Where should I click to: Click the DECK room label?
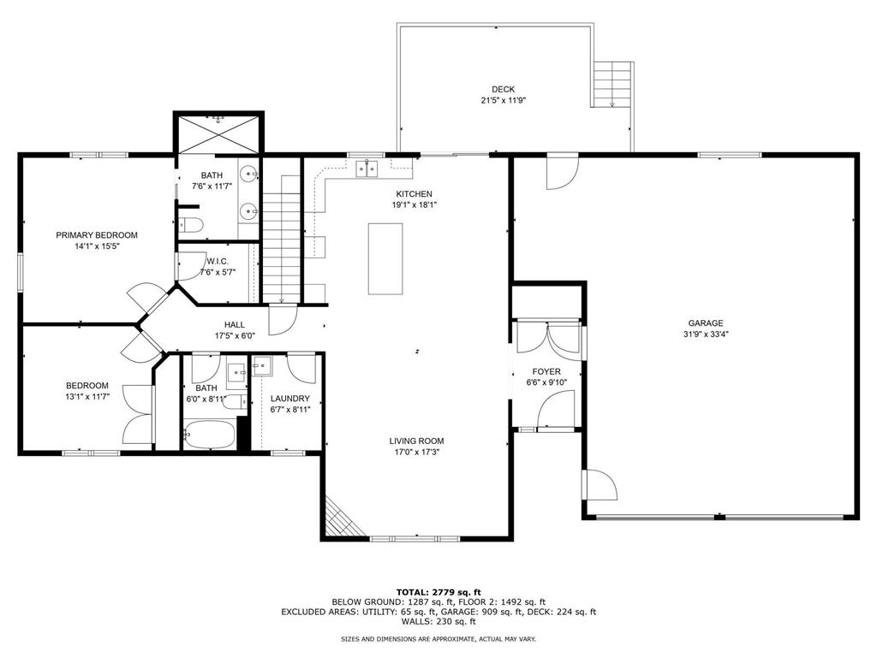point(503,89)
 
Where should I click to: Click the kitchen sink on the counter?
point(370,168)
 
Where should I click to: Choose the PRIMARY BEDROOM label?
point(97,235)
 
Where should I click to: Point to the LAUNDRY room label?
point(289,399)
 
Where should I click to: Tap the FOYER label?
point(546,372)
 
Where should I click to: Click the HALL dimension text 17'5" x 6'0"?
point(234,336)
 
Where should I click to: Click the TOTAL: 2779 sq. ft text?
point(438,591)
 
